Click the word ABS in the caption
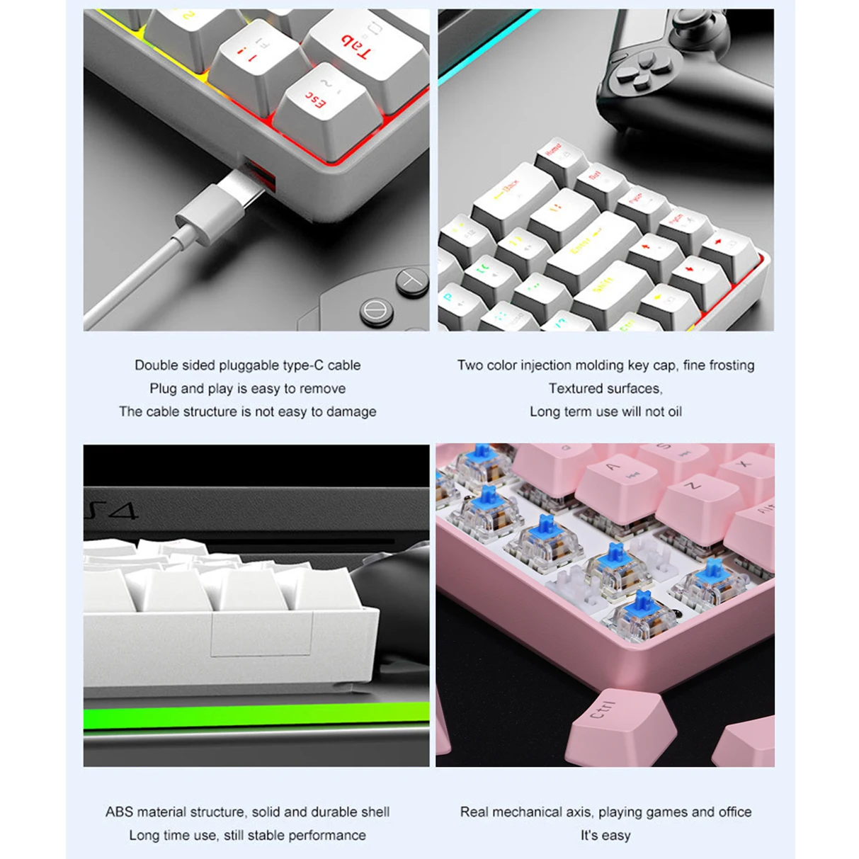(x=119, y=812)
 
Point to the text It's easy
(x=605, y=835)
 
